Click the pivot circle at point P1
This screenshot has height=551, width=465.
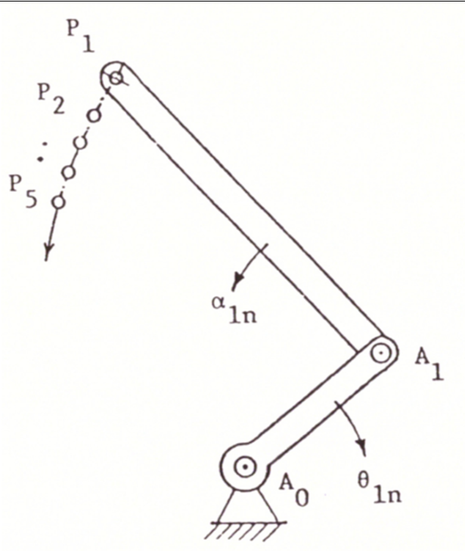pyautogui.click(x=114, y=76)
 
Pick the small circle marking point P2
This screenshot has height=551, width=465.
pyautogui.click(x=94, y=116)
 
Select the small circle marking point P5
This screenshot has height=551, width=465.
pyautogui.click(x=58, y=201)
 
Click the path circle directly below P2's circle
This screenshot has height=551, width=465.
pyautogui.click(x=80, y=143)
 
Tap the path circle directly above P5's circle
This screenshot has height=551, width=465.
pyautogui.click(x=69, y=172)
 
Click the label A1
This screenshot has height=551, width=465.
pyautogui.click(x=428, y=364)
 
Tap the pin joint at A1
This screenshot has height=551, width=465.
pyautogui.click(x=382, y=351)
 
